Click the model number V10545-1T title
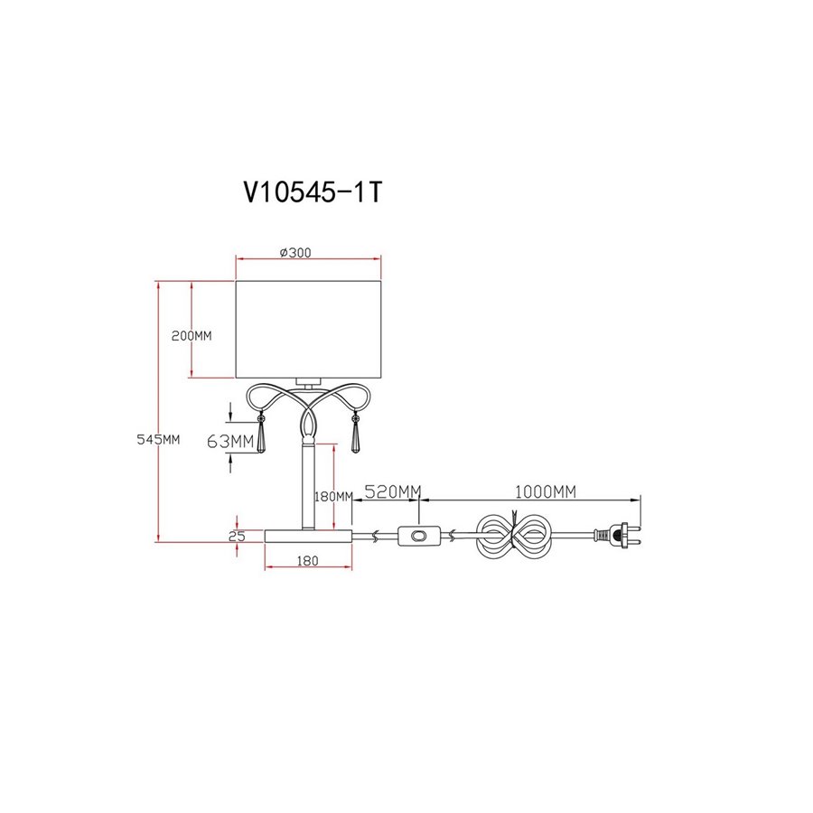click(x=313, y=192)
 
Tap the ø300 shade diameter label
click(x=295, y=253)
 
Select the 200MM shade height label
click(x=192, y=335)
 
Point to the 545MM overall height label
click(x=158, y=439)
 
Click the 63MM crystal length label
click(x=230, y=441)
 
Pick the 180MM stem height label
click(x=333, y=497)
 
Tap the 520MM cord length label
click(x=393, y=491)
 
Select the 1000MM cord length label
click(x=545, y=491)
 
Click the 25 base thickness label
click(x=237, y=536)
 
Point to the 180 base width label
click(x=307, y=560)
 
